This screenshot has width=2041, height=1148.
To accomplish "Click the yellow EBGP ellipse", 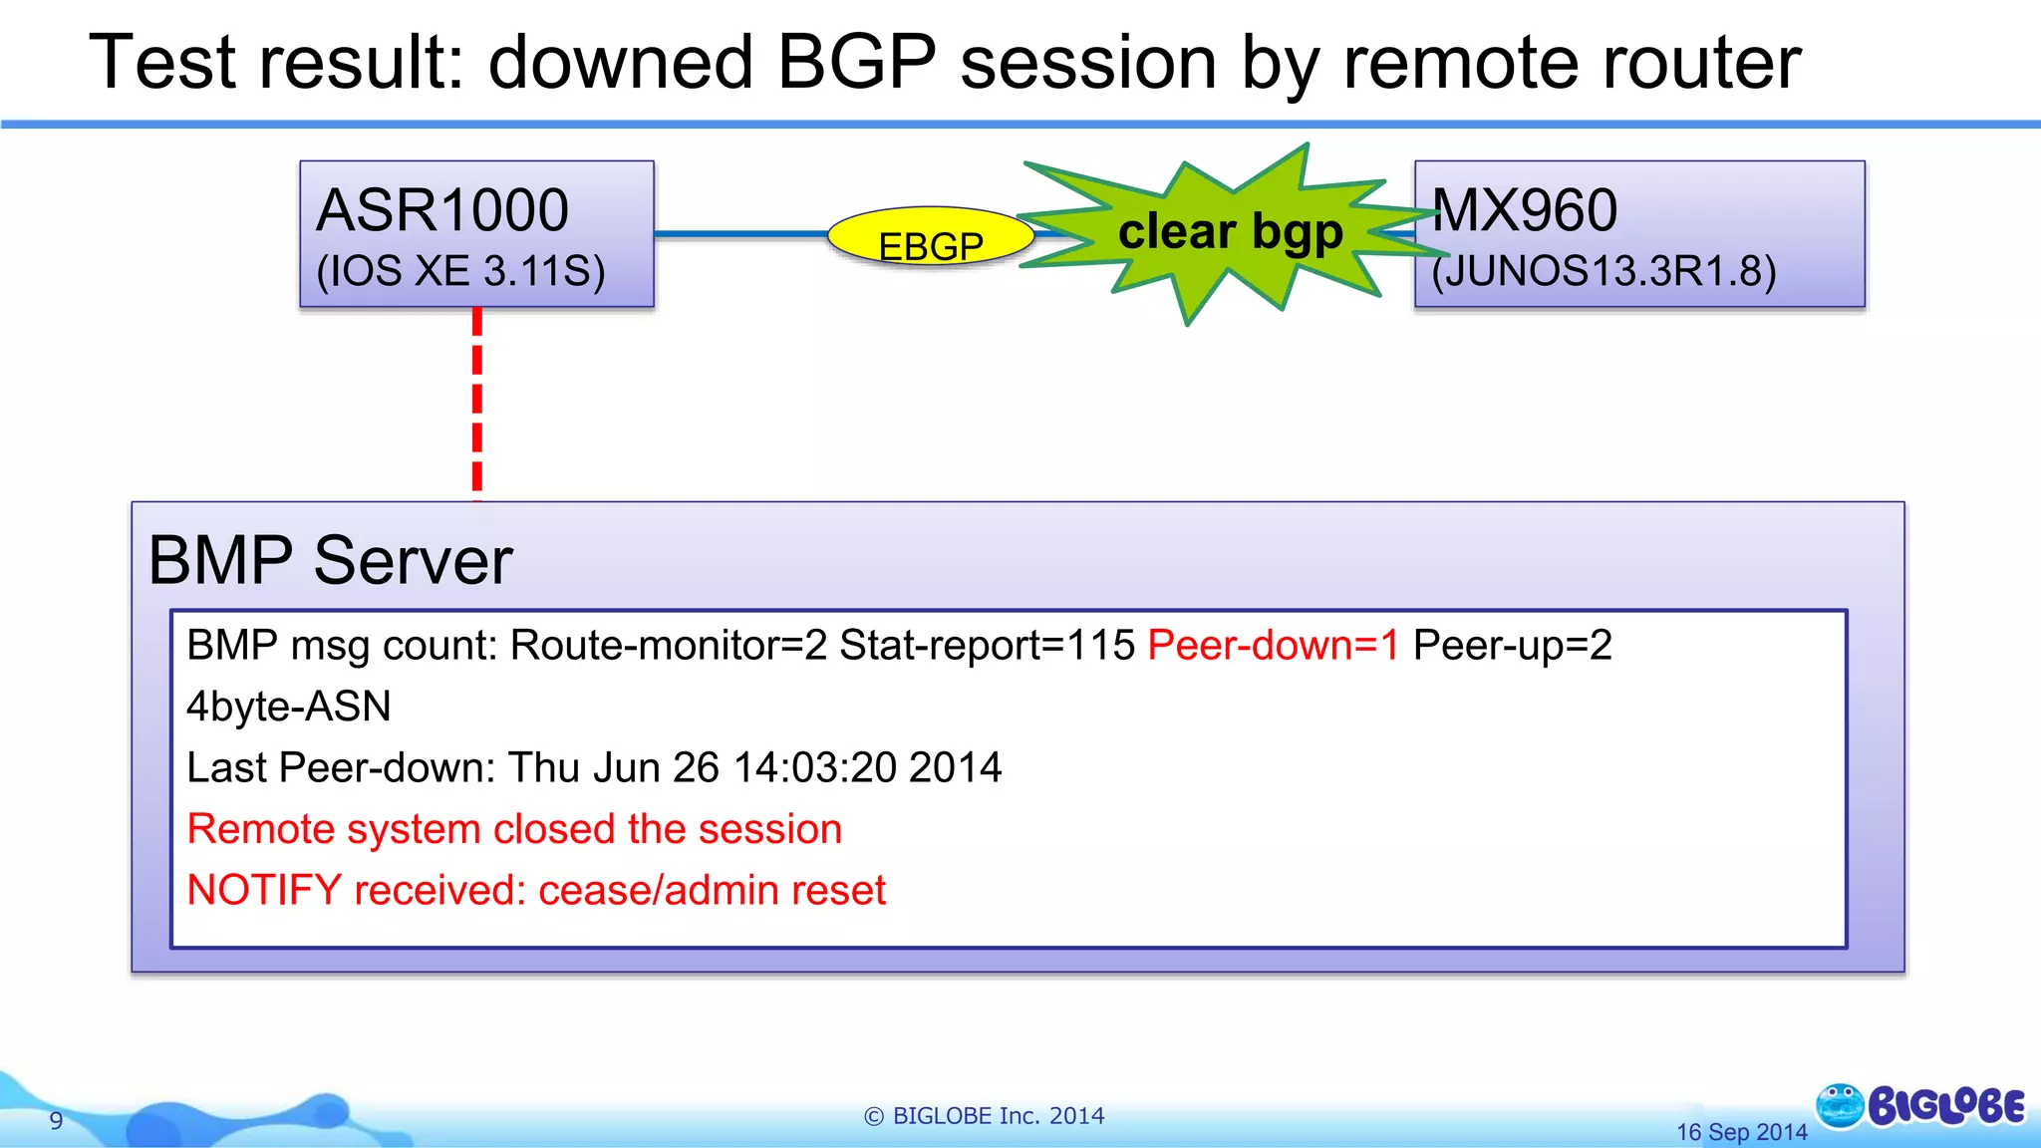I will click(929, 239).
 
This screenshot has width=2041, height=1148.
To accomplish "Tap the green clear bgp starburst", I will click(1230, 232).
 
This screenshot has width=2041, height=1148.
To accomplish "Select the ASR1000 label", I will click(441, 210).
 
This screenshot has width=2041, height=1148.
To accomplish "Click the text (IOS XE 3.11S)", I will click(460, 271).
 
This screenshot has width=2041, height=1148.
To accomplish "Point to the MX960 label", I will click(1524, 210).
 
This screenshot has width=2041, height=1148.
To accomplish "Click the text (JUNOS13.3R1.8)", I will click(1604, 271).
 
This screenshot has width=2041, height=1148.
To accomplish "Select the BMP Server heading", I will click(330, 560).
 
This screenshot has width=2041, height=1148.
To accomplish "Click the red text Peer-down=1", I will click(1273, 646).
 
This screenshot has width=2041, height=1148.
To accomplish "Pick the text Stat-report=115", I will click(987, 646).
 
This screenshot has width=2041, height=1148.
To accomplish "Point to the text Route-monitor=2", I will click(668, 646).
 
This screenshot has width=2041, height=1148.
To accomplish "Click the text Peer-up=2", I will click(1512, 646).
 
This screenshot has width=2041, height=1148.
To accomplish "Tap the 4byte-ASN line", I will click(289, 707).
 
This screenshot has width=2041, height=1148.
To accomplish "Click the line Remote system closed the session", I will click(514, 829).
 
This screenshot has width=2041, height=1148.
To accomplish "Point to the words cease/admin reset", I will click(712, 891).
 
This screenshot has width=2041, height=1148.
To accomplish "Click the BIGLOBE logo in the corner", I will click(1921, 1106).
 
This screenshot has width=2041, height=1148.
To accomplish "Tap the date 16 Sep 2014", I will click(1741, 1132).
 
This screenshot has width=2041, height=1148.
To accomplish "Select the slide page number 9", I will click(56, 1121).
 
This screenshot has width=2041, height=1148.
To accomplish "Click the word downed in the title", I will click(620, 63).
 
